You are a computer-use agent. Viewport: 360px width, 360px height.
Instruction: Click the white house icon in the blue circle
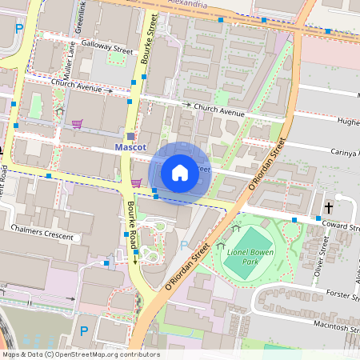[180, 172]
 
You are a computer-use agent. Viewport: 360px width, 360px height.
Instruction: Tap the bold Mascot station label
[130, 148]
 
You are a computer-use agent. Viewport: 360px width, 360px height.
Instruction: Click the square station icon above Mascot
[131, 137]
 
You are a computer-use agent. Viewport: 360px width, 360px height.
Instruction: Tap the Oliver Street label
[324, 260]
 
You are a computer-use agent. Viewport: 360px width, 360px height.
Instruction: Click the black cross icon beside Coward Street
[328, 207]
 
